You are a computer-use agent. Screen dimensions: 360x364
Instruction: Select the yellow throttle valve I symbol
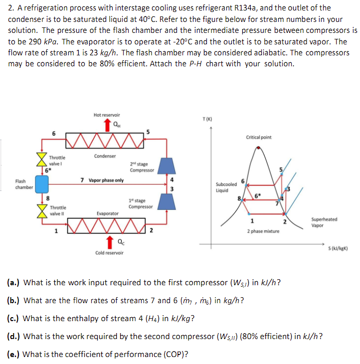coord(41,159)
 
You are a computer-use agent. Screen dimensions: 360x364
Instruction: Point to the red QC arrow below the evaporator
coord(107,243)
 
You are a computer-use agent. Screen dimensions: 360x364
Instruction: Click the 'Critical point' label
coord(259,137)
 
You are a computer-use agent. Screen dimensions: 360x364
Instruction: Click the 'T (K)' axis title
coord(207,119)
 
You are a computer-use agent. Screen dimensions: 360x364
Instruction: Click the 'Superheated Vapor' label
coord(324,222)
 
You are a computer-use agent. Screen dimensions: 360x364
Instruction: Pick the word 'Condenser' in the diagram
coord(105,156)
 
